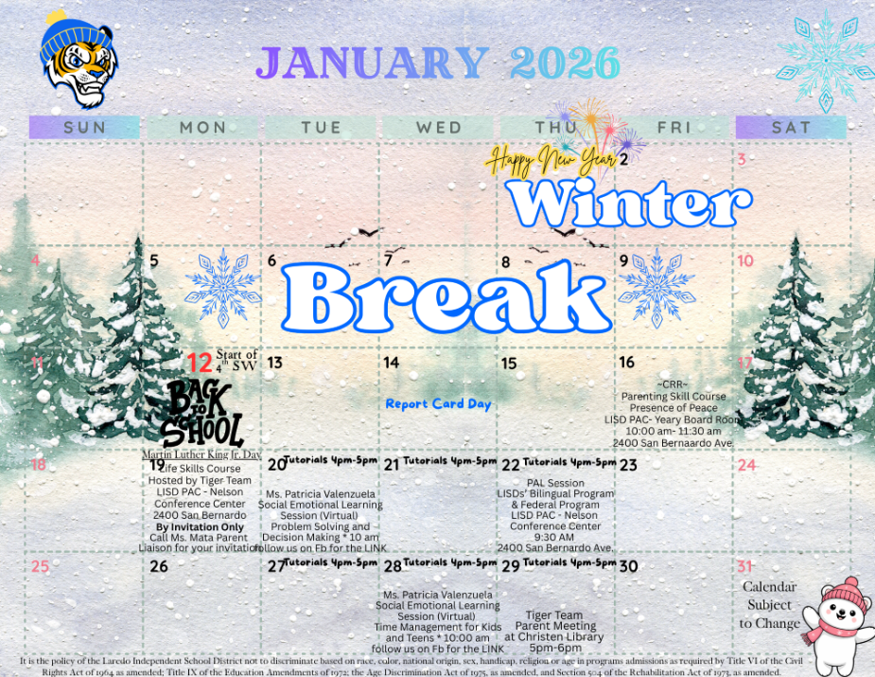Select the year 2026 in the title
(564, 62)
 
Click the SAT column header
(790, 127)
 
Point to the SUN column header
(84, 127)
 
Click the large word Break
(446, 297)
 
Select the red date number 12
(199, 362)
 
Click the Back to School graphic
(202, 415)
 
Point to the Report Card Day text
(438, 404)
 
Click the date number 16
(627, 363)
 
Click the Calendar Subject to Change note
(769, 604)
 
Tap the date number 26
(159, 566)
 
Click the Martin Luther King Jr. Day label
(201, 454)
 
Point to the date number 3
(743, 160)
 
